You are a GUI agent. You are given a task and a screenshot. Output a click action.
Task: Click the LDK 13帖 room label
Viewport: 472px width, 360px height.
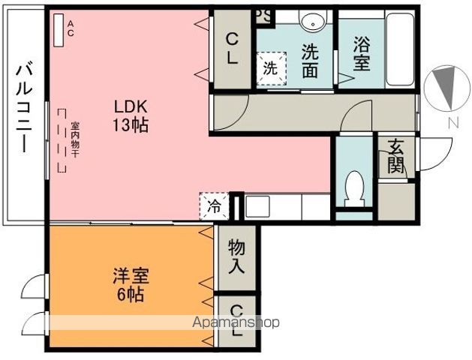click(131, 115)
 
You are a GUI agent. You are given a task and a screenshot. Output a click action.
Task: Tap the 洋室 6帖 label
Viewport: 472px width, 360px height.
click(131, 284)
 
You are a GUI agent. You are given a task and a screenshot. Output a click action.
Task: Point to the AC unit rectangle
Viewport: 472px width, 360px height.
click(59, 30)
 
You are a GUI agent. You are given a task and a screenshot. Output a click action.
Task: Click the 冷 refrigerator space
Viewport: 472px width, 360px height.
click(215, 206)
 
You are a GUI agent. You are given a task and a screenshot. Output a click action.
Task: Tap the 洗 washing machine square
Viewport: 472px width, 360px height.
click(271, 68)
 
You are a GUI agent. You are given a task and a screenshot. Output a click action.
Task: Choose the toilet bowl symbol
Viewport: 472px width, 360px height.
click(354, 189)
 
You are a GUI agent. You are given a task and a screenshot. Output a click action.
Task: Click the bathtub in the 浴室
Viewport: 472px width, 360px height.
click(400, 49)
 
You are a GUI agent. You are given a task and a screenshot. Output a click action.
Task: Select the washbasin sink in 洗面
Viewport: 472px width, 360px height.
click(313, 21)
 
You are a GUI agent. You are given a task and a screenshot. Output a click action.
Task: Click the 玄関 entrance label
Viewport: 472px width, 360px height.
click(396, 157)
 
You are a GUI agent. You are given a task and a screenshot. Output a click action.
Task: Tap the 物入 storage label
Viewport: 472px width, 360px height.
click(236, 256)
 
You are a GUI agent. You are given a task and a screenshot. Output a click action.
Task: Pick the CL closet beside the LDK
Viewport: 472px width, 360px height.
click(232, 49)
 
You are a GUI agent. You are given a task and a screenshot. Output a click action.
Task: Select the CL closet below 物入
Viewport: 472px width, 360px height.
click(237, 320)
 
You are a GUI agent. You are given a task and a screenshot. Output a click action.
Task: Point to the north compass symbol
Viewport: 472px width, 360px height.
click(446, 87)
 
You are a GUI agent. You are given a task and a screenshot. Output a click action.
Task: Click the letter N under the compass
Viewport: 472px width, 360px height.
click(453, 122)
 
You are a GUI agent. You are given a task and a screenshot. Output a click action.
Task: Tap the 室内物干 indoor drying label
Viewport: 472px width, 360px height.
click(75, 139)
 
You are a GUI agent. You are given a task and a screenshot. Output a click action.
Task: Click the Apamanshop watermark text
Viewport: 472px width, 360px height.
click(236, 322)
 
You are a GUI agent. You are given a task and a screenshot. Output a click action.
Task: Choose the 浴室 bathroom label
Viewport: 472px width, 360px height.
click(361, 53)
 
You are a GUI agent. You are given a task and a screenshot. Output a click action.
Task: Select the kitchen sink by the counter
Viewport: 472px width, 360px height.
click(257, 206)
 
